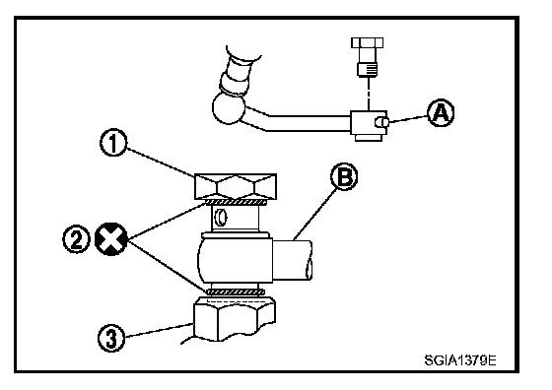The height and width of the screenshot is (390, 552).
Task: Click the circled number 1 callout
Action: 113,143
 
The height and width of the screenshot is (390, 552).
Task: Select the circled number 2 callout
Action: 76,239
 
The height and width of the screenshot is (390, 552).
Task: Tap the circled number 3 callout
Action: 111,338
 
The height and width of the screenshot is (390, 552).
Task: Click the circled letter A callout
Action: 441,113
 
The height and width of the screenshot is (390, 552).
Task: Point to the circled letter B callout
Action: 344,176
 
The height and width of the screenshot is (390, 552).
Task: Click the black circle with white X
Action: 111,239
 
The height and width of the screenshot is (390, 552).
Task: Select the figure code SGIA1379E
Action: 460,360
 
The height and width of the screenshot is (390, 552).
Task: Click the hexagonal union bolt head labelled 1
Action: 236,186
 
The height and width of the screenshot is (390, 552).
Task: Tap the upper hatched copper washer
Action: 236,202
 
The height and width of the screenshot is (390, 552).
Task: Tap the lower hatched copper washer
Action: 236,292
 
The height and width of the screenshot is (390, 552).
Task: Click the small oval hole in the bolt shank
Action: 222,218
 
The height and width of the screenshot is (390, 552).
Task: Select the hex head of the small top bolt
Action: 367,43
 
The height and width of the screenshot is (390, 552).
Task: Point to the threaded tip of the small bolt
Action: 368,69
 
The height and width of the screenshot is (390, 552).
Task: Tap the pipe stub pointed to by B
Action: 293,260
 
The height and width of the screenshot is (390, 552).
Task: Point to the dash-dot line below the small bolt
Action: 369,94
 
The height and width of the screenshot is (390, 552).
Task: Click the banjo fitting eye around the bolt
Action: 235,260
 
